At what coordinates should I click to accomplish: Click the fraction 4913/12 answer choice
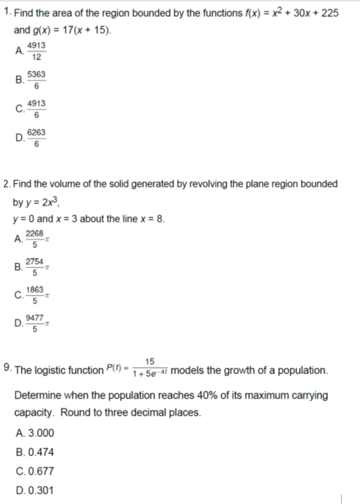(x=36, y=50)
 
